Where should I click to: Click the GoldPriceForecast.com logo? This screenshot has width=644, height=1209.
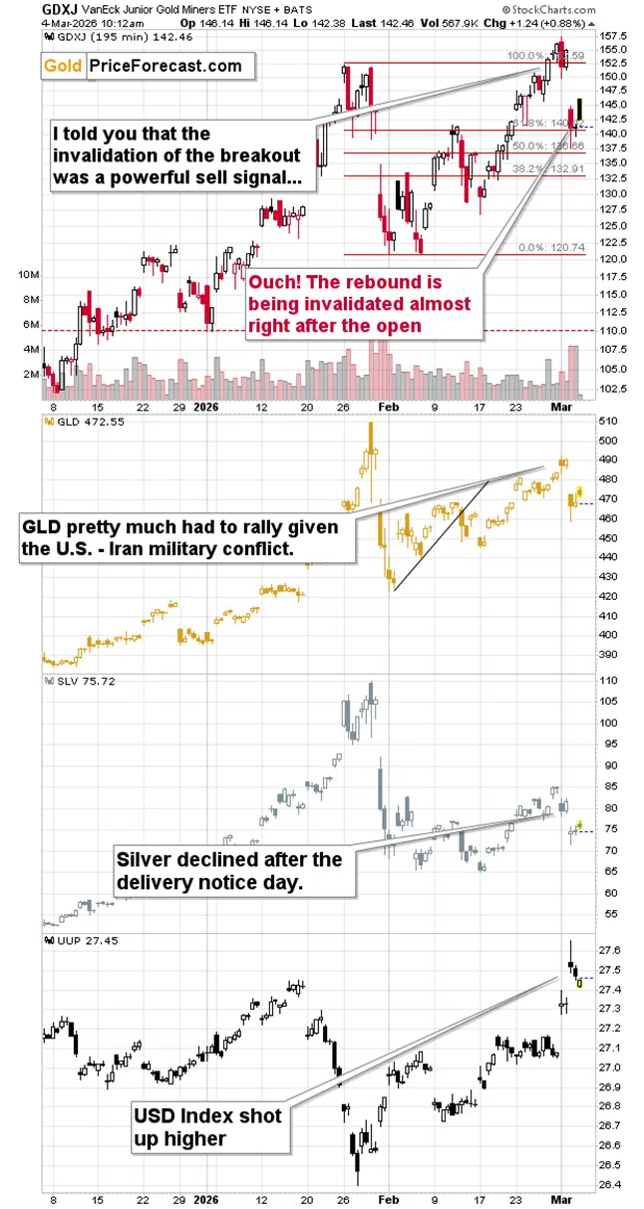point(143,66)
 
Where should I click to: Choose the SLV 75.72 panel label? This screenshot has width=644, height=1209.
point(78,681)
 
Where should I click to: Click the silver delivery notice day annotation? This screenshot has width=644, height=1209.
point(228,870)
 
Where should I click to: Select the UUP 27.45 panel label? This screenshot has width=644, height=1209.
point(78,940)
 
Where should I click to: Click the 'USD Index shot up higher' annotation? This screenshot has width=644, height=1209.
point(208,1127)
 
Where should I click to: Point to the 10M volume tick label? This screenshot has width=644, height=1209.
point(28,274)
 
